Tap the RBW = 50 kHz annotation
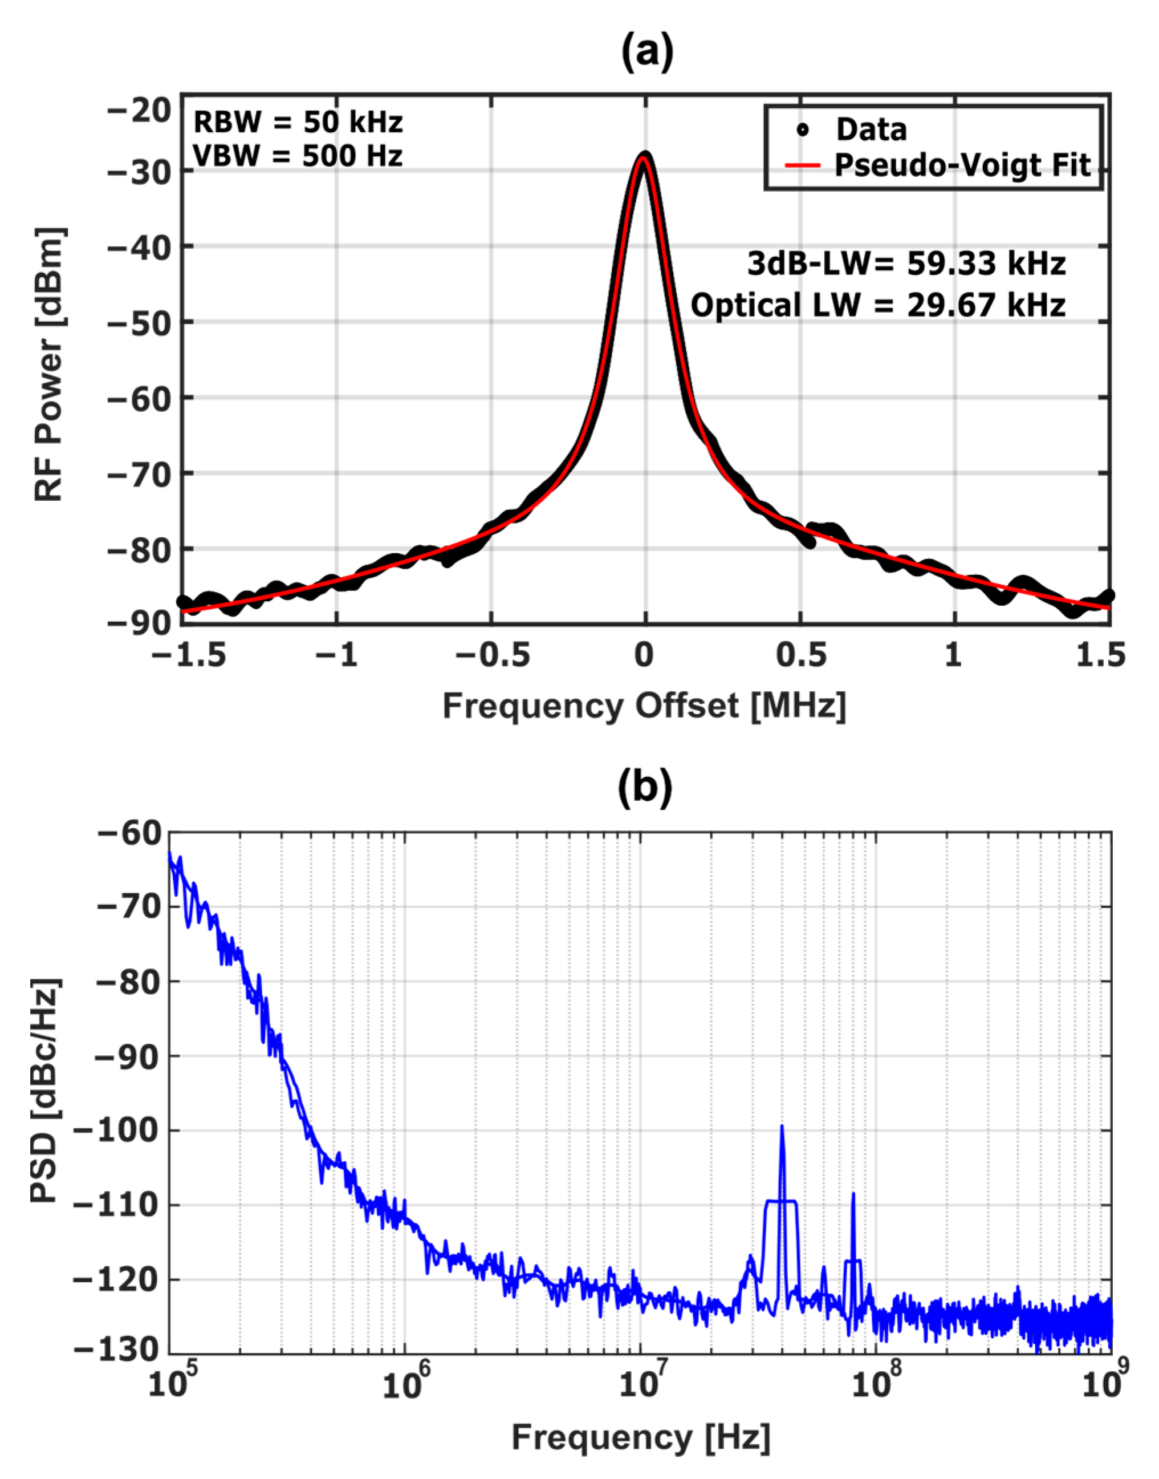coord(298,122)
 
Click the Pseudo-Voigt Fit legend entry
coord(962,165)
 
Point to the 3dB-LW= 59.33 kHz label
coord(906,264)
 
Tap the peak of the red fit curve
coord(645,160)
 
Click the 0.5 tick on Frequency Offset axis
coord(801,657)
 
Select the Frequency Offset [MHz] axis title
coord(644,706)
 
